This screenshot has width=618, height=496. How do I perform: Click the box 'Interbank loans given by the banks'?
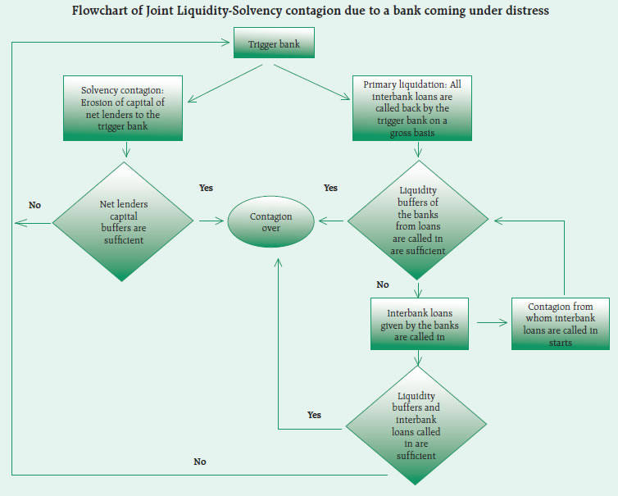tap(420, 320)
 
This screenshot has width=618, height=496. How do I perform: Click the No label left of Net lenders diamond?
tap(34, 205)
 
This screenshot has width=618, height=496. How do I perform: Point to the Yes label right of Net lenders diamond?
tap(206, 188)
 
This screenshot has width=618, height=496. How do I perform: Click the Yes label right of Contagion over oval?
tap(330, 188)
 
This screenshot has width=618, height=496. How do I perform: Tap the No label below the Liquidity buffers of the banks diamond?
tap(383, 284)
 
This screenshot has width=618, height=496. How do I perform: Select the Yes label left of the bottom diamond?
tap(314, 415)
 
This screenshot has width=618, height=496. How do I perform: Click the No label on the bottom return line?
tap(200, 462)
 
